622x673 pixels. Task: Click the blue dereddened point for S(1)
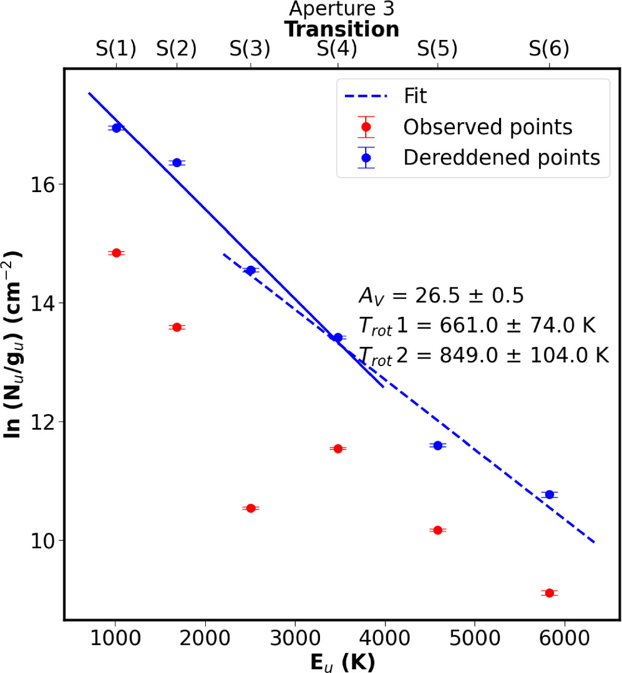[x=115, y=128]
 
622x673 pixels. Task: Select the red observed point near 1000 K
[x=115, y=253]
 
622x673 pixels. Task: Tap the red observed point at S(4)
[x=338, y=448]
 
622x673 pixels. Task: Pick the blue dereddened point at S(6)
[x=550, y=494]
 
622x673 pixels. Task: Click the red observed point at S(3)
[x=251, y=508]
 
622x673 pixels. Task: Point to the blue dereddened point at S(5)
[x=437, y=445]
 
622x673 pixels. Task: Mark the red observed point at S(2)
[x=177, y=327]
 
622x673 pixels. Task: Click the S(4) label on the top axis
[x=338, y=49]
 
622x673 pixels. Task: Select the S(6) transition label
[x=550, y=49]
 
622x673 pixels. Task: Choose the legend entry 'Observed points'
[x=488, y=127]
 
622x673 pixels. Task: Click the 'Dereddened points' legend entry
[x=502, y=157]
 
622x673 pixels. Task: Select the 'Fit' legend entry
[x=415, y=97]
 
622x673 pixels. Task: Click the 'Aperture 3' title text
[x=341, y=9]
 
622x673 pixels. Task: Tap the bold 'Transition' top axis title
[x=341, y=29]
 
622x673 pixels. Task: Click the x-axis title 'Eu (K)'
[x=343, y=662]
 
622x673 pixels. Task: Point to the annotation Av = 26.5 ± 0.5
[x=440, y=296]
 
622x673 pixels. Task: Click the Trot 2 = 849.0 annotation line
[x=484, y=356]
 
